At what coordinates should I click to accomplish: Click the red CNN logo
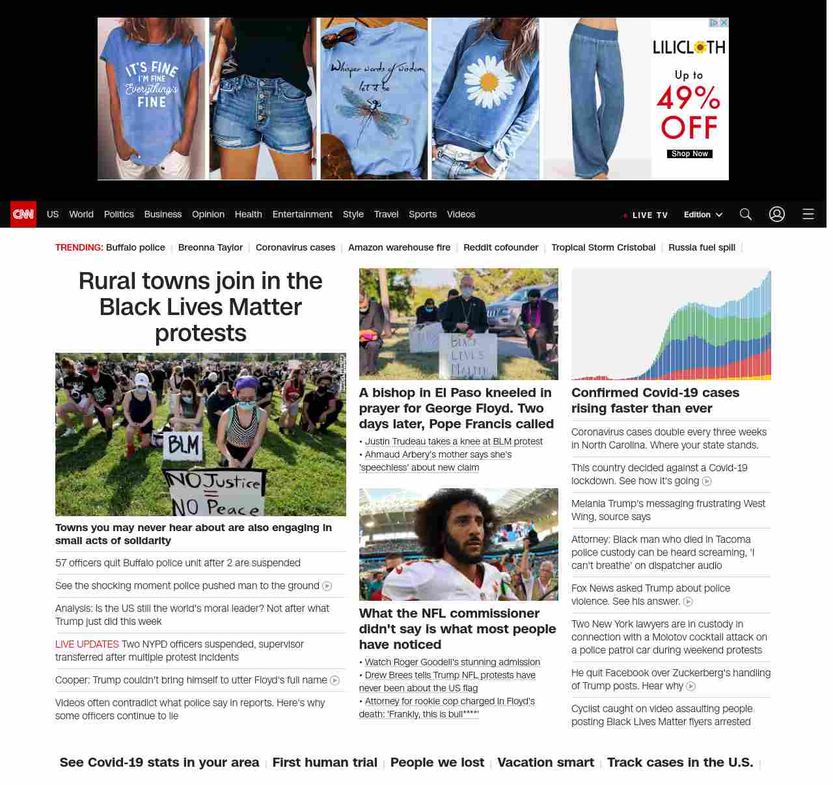(23, 214)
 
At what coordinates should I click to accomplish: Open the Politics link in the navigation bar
(118, 214)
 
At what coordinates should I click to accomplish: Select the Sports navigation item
(422, 214)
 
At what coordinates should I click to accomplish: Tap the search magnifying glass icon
(745, 214)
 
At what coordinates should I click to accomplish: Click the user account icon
(776, 214)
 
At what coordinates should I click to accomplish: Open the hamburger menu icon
(808, 214)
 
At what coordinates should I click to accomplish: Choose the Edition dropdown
(703, 215)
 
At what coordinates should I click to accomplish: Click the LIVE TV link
(649, 215)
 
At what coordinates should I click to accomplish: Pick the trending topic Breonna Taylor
(210, 247)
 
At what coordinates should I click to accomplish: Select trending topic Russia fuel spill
(702, 247)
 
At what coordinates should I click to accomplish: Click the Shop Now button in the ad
(689, 154)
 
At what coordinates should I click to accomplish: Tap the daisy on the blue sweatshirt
(488, 81)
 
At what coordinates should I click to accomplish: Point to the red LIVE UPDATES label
(87, 644)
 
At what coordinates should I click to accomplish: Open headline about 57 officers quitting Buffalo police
(178, 563)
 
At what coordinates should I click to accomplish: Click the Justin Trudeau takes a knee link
(454, 441)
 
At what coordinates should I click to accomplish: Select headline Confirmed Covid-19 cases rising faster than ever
(655, 400)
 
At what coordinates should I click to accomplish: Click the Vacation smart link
(545, 762)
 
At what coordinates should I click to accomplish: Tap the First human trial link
(325, 762)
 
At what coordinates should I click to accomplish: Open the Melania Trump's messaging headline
(668, 510)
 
